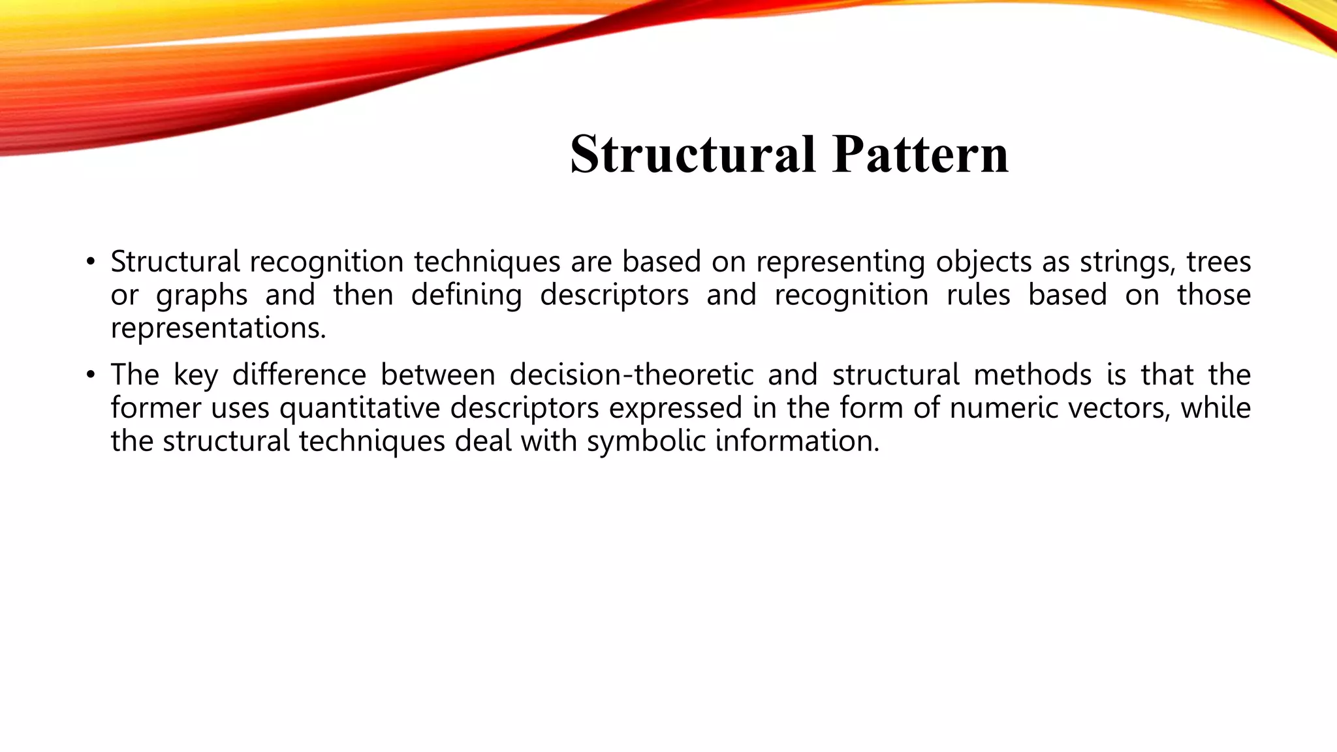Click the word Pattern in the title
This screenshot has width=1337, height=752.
coord(920,154)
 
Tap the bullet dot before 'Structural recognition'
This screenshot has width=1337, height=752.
coord(90,262)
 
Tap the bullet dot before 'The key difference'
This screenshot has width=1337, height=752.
coord(90,375)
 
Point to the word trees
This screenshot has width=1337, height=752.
coord(1218,262)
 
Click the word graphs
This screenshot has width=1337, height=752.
coord(202,296)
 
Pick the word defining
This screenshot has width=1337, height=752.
coord(466,296)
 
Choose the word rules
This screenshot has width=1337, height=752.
coord(978,296)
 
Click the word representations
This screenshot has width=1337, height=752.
coord(217,328)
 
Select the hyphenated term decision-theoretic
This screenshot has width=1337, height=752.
coord(631,375)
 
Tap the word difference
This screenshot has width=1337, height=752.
coord(299,375)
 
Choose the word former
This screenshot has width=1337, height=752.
coord(155,409)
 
